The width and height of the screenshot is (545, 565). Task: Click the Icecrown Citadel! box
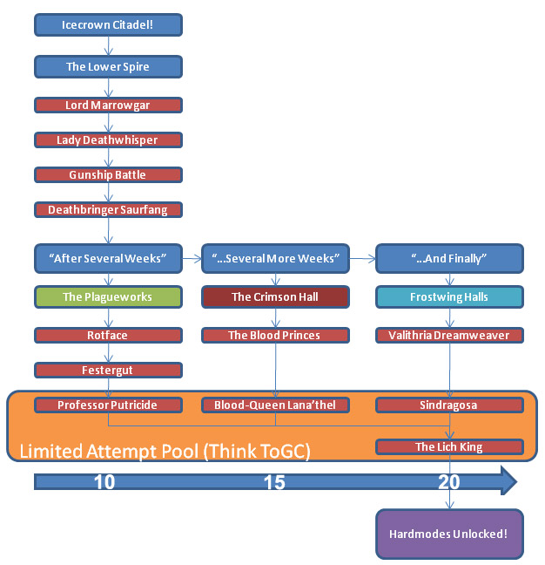tap(108, 25)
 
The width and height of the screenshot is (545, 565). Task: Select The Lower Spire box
tap(108, 66)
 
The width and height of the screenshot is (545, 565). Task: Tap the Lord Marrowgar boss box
tap(108, 106)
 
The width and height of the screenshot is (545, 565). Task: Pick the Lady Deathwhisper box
tap(108, 140)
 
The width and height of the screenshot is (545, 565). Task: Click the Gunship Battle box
tap(108, 174)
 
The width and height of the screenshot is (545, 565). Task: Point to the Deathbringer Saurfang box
tap(108, 209)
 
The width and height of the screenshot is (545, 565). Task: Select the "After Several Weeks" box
tap(108, 258)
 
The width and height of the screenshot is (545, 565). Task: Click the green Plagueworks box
tap(108, 296)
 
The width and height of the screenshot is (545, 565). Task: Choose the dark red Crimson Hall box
tap(275, 296)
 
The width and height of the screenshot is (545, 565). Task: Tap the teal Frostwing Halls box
tap(449, 296)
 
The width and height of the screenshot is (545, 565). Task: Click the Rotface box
tap(108, 335)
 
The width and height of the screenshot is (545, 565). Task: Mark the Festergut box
tap(108, 370)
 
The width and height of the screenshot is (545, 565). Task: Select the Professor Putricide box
tap(108, 405)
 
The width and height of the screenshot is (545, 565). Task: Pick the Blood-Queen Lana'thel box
tap(275, 405)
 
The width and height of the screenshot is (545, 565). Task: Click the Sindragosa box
tap(449, 405)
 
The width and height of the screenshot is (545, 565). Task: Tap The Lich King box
tap(449, 447)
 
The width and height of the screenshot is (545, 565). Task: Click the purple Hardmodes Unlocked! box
tap(449, 534)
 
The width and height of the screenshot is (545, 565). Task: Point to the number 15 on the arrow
tap(274, 482)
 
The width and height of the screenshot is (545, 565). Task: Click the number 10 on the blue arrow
tap(104, 482)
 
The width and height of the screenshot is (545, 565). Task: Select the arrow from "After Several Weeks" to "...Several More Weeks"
tap(192, 258)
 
